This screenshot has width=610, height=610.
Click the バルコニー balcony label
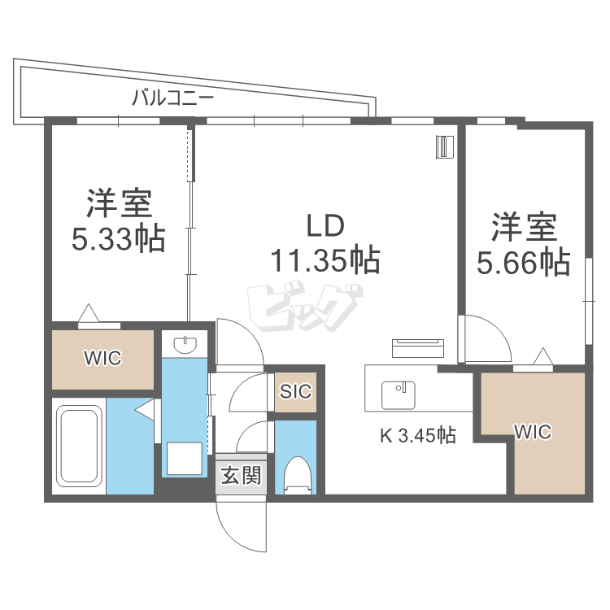tap(172, 99)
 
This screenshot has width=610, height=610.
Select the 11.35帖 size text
tap(325, 260)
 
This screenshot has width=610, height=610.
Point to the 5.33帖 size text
tap(119, 238)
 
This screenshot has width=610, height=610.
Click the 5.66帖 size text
tap(524, 261)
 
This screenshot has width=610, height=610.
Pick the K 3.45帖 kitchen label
tap(417, 436)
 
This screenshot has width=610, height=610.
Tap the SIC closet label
tap(295, 391)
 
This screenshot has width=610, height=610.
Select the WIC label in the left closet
tap(102, 359)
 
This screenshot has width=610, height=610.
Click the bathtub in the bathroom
tap(78, 446)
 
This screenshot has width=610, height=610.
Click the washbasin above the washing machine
tap(187, 345)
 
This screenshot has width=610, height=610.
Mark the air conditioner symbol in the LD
tap(444, 146)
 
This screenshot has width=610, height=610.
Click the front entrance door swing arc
tap(241, 525)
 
